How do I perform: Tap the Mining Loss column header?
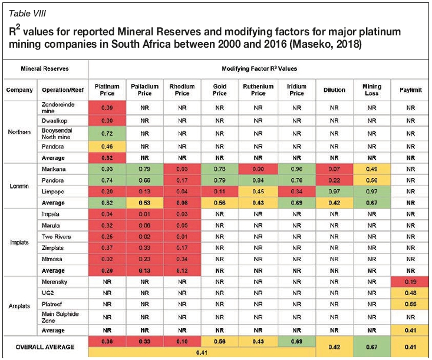(372, 90)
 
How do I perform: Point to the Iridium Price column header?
(296, 90)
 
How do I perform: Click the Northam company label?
(20, 132)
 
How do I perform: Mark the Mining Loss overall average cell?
(372, 346)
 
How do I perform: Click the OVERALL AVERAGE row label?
(45, 346)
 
